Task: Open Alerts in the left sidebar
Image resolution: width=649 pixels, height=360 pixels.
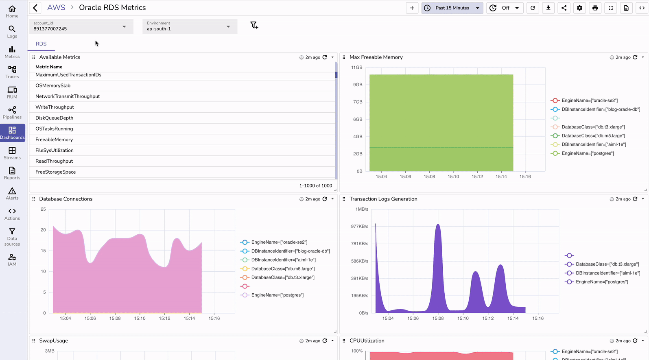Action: click(12, 193)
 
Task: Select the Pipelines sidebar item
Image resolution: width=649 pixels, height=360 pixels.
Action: click(12, 113)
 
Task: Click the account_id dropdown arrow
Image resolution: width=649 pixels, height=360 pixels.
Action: click(124, 27)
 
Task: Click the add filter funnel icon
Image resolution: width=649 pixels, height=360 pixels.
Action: click(254, 26)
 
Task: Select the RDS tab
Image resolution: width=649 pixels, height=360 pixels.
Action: click(41, 44)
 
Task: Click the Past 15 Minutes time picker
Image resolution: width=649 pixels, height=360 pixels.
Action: click(452, 8)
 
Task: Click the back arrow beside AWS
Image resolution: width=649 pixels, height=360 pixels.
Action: click(35, 8)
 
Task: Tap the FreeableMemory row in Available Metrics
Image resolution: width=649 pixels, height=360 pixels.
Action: click(54, 140)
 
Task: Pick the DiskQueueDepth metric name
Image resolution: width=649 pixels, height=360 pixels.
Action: click(54, 118)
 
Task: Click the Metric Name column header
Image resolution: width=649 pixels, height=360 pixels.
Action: click(49, 67)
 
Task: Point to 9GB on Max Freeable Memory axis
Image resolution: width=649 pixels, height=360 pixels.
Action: click(357, 85)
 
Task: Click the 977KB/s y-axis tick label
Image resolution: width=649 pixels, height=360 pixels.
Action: click(359, 227)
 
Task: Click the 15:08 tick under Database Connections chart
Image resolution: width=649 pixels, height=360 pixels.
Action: click(115, 319)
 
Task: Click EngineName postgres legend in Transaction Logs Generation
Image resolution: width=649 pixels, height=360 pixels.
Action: click(601, 282)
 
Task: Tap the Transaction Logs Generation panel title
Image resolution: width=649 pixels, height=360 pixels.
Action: click(383, 199)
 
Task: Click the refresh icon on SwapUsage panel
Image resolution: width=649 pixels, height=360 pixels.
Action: click(325, 341)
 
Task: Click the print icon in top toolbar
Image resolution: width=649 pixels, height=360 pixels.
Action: click(595, 8)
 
